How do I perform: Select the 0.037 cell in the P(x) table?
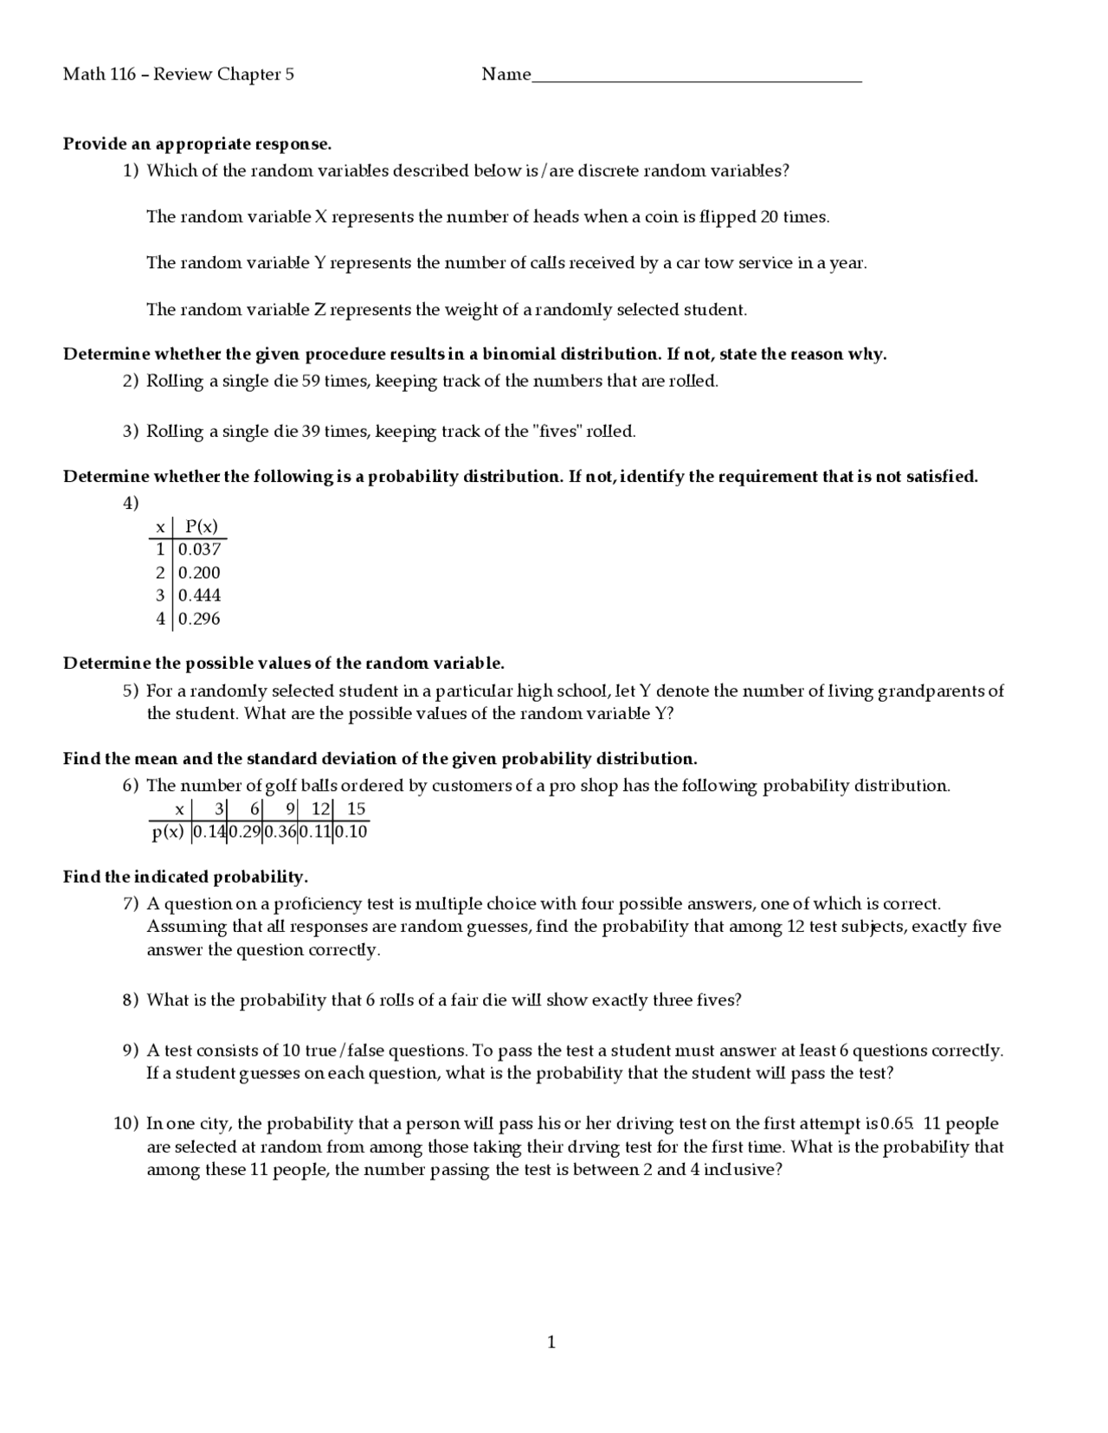(200, 549)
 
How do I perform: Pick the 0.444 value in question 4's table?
(200, 595)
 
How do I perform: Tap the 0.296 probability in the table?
(200, 619)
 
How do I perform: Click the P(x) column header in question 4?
(202, 526)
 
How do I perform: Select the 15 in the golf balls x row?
(356, 809)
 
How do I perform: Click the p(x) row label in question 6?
(168, 832)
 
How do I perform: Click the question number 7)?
(131, 903)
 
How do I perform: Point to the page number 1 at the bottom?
(551, 1342)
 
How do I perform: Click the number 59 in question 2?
(311, 381)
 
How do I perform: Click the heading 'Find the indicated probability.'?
(185, 877)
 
